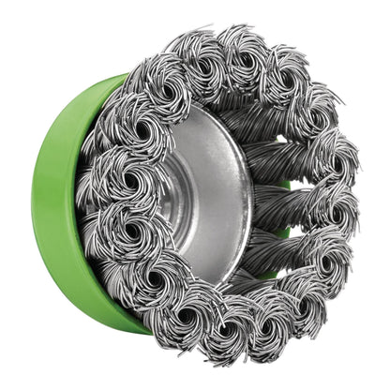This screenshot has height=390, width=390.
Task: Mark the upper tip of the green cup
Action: [122, 77]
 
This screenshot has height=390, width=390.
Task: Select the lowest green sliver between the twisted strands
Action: [272, 272]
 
